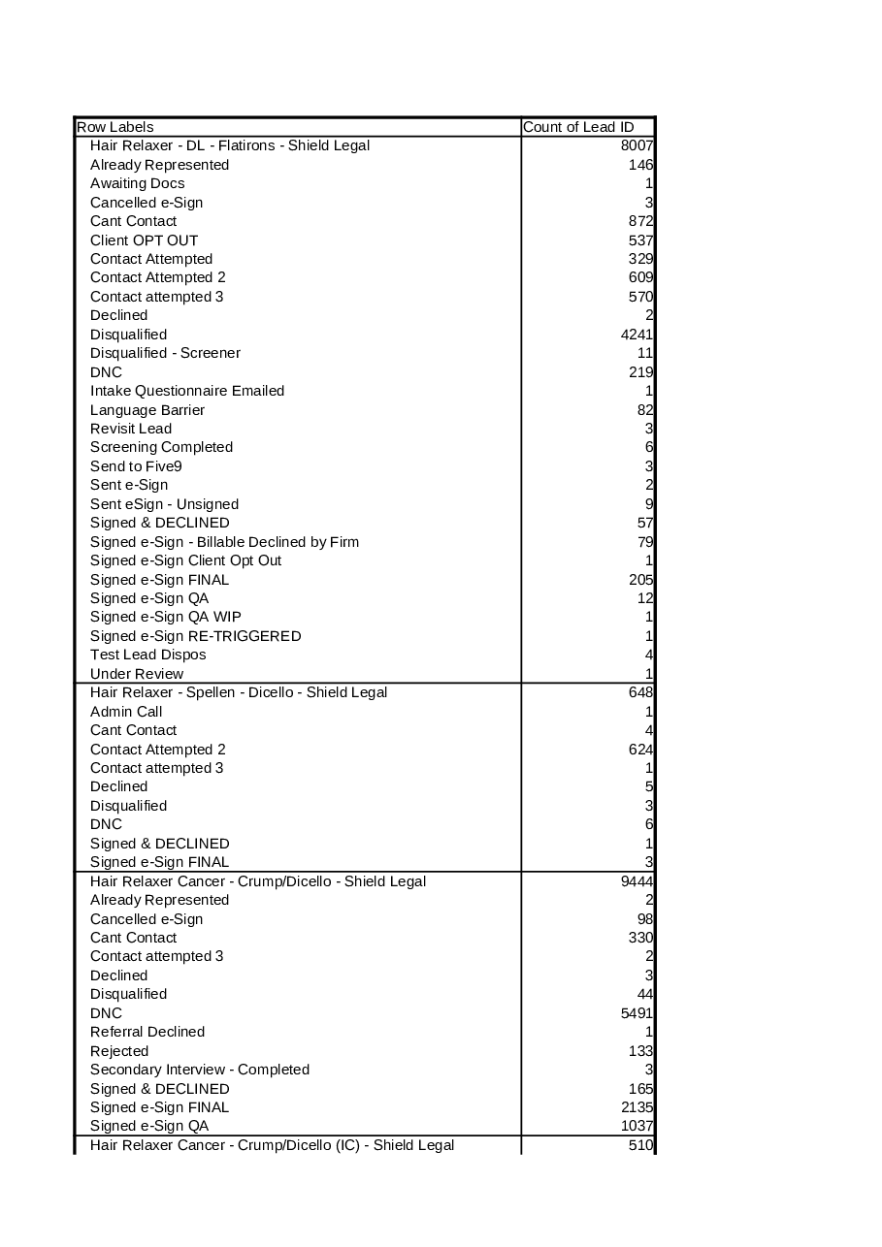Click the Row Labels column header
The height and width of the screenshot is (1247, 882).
pyautogui.click(x=115, y=127)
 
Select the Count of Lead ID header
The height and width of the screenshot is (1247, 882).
pyautogui.click(x=578, y=127)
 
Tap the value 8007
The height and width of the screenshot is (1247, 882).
pyautogui.click(x=637, y=145)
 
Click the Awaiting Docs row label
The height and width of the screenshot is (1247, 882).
pyautogui.click(x=137, y=183)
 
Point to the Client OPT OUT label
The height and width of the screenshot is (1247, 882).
pyautogui.click(x=144, y=240)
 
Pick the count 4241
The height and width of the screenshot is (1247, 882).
pyautogui.click(x=637, y=335)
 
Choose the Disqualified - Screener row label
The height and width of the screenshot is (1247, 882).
pyautogui.click(x=165, y=353)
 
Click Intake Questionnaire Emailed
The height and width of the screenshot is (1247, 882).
pyautogui.click(x=187, y=391)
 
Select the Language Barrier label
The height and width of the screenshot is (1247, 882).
pyautogui.click(x=147, y=410)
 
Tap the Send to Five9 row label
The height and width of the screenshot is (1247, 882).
pyautogui.click(x=136, y=466)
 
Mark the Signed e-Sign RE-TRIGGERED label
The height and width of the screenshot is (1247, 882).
pyautogui.click(x=195, y=636)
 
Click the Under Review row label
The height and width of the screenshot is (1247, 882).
pyautogui.click(x=137, y=674)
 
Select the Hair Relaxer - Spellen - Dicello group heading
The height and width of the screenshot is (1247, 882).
pyautogui.click(x=239, y=692)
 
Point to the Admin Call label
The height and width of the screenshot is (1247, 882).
pyautogui.click(x=126, y=712)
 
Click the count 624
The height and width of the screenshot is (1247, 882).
pyautogui.click(x=640, y=750)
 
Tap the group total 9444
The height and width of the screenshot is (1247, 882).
pyautogui.click(x=637, y=881)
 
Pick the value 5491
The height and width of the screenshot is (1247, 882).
pyautogui.click(x=637, y=1013)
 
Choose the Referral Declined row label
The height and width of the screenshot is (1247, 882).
pyautogui.click(x=147, y=1032)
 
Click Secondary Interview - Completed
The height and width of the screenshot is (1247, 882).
pyautogui.click(x=200, y=1070)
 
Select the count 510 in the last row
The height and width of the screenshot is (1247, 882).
pyautogui.click(x=640, y=1145)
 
